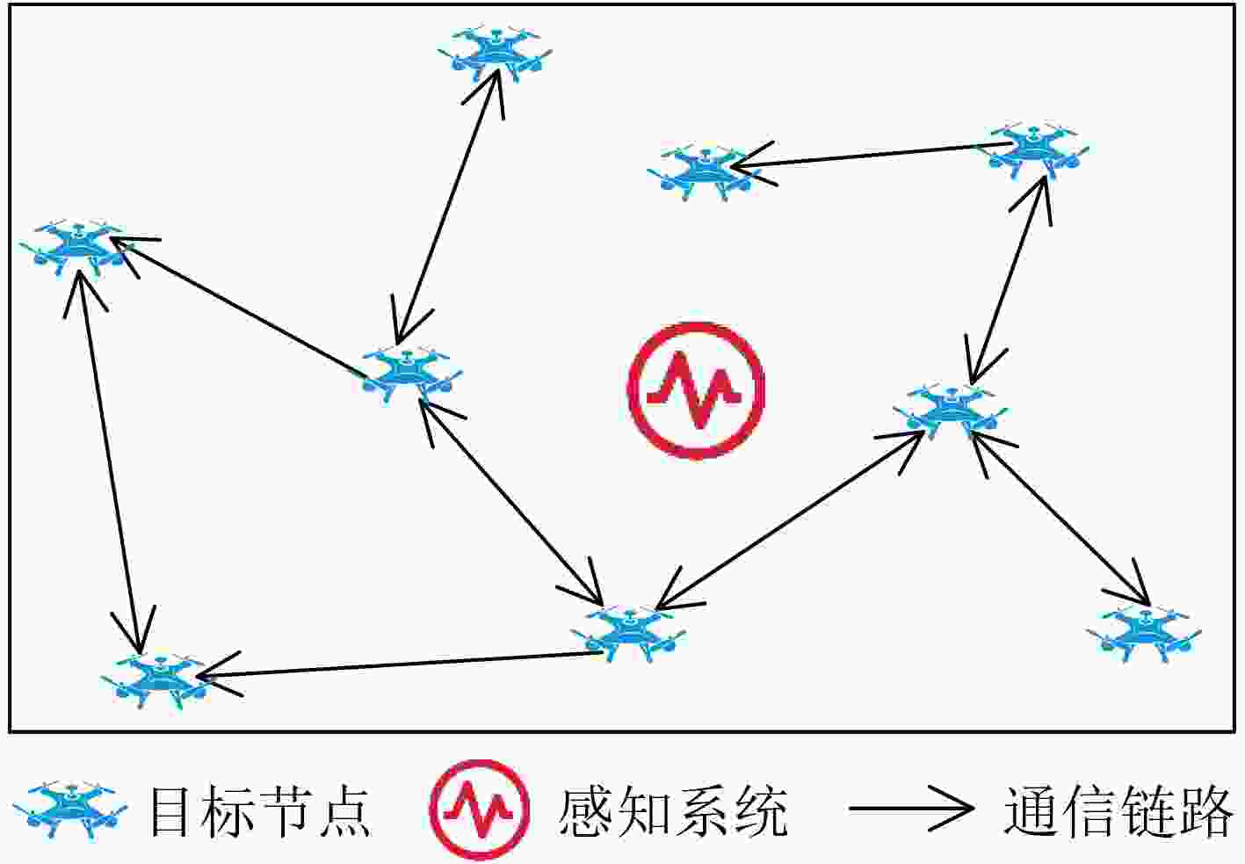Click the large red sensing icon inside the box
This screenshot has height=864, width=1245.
[696, 391]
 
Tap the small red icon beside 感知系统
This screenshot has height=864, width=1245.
[479, 809]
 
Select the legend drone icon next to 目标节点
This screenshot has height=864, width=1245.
[70, 809]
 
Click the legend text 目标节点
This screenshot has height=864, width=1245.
[260, 811]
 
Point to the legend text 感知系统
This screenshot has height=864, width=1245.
[673, 811]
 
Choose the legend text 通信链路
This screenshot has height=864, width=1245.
[1118, 811]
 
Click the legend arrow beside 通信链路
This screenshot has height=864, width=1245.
[911, 809]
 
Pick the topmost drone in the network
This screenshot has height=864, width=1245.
[495, 54]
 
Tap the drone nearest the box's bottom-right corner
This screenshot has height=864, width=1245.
[1143, 635]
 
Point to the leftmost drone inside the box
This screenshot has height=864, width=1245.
[77, 248]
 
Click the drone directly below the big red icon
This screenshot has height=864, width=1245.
[628, 634]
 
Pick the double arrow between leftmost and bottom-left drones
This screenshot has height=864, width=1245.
[110, 461]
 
